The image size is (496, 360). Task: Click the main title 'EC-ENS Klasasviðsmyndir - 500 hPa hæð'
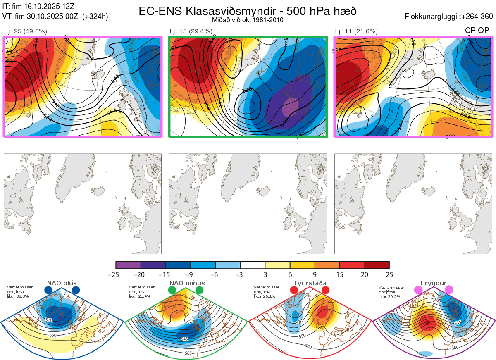(248, 11)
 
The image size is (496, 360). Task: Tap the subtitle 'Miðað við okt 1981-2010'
(248, 20)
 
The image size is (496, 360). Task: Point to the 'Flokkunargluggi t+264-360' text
(450, 17)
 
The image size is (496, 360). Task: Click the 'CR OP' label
(477, 31)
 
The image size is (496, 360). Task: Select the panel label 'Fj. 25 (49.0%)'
(26, 31)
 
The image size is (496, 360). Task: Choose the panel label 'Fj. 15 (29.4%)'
(191, 31)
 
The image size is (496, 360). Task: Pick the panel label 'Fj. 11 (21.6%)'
(356, 31)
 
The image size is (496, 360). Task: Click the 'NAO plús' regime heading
(62, 283)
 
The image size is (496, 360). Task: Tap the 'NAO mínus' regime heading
(187, 283)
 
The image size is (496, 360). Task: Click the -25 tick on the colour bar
(116, 274)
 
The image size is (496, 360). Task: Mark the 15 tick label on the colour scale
(340, 274)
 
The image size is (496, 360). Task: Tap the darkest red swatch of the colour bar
(377, 265)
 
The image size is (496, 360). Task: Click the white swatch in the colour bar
(253, 265)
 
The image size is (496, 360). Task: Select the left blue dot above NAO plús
(48, 290)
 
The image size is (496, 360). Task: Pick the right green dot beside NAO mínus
(200, 290)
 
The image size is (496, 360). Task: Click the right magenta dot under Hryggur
(449, 290)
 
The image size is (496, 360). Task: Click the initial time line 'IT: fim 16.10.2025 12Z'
(38, 6)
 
